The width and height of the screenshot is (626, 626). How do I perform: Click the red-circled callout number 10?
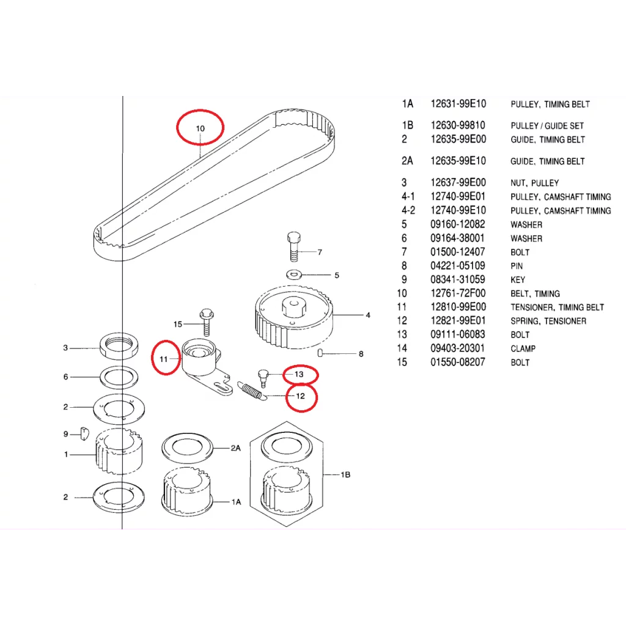(x=200, y=128)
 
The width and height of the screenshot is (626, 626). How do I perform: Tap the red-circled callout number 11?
(x=164, y=359)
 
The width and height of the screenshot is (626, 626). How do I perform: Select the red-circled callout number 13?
(x=299, y=374)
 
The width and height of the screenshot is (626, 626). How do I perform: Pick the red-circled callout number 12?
(x=300, y=396)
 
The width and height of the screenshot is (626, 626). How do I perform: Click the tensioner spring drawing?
(x=251, y=391)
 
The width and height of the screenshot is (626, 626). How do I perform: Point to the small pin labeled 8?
(x=322, y=352)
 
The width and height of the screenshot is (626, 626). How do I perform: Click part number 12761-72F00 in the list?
(x=458, y=293)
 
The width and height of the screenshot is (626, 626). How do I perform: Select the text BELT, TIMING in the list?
(x=535, y=293)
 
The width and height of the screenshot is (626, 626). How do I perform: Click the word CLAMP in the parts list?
(x=523, y=348)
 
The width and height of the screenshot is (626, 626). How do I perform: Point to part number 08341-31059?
(x=458, y=279)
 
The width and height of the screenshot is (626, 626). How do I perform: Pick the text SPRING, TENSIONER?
(x=548, y=321)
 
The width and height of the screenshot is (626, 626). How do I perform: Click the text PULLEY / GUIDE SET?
(x=547, y=126)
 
